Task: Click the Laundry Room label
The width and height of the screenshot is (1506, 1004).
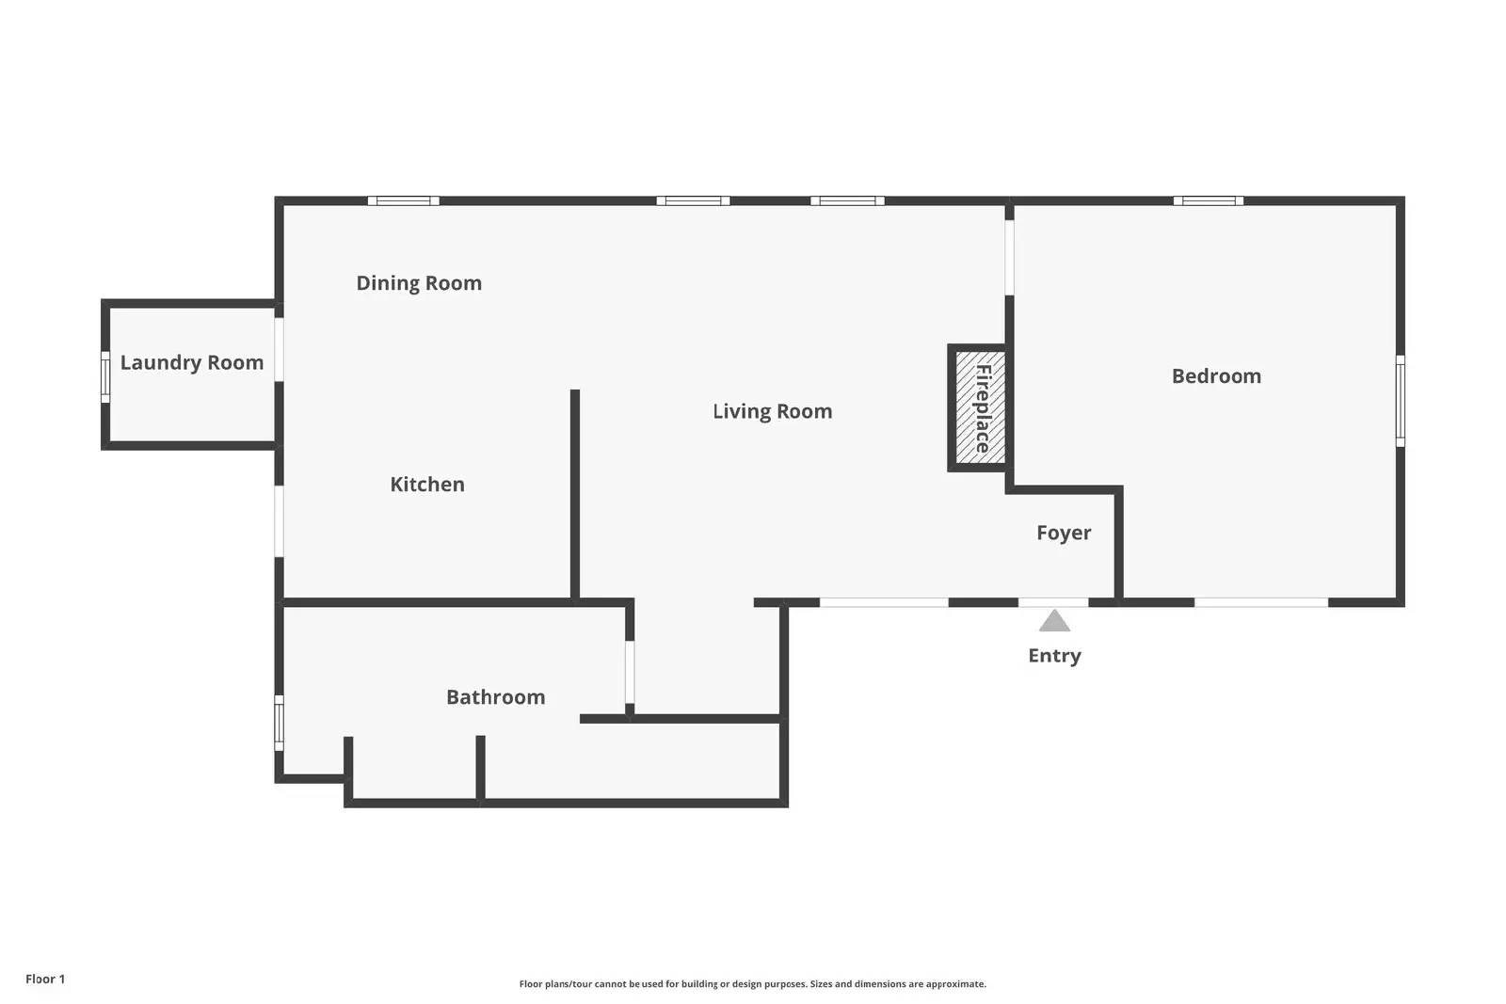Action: click(192, 363)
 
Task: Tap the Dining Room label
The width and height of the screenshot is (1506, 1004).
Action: click(419, 283)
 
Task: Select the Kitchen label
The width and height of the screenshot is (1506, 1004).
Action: click(427, 485)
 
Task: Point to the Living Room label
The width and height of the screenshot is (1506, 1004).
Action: click(773, 411)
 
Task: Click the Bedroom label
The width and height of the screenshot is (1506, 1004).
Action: click(1216, 376)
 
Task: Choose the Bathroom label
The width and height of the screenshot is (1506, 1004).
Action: click(495, 697)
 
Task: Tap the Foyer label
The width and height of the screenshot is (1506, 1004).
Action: click(1064, 533)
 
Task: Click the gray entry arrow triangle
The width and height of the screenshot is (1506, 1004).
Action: click(1054, 622)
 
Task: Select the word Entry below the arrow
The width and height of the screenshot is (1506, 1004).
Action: click(1054, 656)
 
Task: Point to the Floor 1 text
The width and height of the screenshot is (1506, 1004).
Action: click(45, 979)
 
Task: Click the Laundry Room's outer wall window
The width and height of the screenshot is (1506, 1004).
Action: click(105, 377)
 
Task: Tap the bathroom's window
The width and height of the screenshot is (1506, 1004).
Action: click(279, 723)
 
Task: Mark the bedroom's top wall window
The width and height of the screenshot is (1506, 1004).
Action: click(1209, 200)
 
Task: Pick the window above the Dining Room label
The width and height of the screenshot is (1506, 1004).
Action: click(404, 200)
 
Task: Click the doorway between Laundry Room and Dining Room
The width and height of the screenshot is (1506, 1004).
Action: click(279, 349)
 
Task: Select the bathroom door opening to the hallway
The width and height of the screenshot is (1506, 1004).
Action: click(630, 672)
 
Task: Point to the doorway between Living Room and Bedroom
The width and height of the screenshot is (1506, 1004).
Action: click(1009, 258)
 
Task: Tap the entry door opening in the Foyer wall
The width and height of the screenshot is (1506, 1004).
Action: click(1053, 602)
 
